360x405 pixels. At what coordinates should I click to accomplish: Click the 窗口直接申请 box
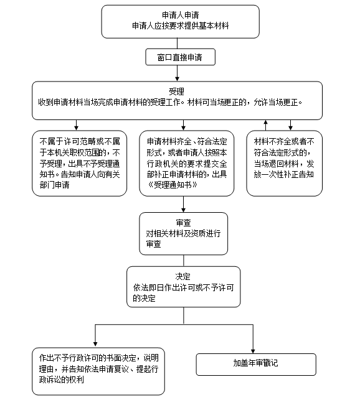pyautogui.click(x=180, y=57)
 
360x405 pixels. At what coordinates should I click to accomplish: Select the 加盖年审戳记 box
pyautogui.click(x=256, y=365)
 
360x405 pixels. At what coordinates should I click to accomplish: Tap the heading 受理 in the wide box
pyautogui.click(x=177, y=91)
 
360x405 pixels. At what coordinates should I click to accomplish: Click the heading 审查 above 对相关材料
pyautogui.click(x=183, y=223)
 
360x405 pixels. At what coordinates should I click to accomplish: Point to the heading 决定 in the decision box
pyautogui.click(x=183, y=277)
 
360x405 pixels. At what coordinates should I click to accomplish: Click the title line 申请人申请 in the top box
pyautogui.click(x=180, y=15)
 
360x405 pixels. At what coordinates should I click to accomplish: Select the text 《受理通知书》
pyautogui.click(x=173, y=185)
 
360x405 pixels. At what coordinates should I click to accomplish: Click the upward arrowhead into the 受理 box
pyautogui.click(x=265, y=122)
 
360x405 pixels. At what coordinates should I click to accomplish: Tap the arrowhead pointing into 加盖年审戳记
pyautogui.click(x=253, y=351)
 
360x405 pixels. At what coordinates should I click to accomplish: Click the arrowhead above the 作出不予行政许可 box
pyautogui.click(x=95, y=344)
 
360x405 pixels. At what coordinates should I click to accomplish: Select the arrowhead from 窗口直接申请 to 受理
pyautogui.click(x=177, y=79)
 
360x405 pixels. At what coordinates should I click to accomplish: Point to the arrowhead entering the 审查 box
pyautogui.click(x=183, y=210)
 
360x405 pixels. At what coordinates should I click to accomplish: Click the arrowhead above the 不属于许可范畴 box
pyautogui.click(x=76, y=128)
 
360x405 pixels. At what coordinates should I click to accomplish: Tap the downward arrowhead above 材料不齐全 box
pyautogui.click(x=290, y=128)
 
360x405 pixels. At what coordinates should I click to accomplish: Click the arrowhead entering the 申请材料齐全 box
pyautogui.click(x=183, y=128)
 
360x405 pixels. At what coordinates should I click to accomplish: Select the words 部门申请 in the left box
pyautogui.click(x=55, y=185)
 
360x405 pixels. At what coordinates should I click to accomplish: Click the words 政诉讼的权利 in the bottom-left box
pyautogui.click(x=62, y=379)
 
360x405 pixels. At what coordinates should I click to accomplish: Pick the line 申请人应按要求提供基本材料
pyautogui.click(x=180, y=26)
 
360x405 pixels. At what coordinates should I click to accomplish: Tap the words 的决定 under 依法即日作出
pyautogui.click(x=144, y=299)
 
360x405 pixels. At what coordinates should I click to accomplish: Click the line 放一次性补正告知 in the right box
pyautogui.click(x=284, y=174)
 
